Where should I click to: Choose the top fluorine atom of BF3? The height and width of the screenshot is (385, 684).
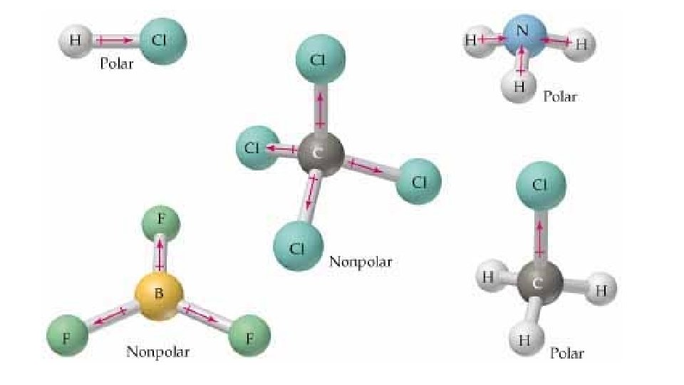coord(161,221)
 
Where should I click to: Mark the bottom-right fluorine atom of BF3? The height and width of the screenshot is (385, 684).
coord(250,337)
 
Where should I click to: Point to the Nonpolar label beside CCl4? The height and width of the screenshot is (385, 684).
coord(361,261)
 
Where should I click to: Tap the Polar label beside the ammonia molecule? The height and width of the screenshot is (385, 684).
coord(559,96)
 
